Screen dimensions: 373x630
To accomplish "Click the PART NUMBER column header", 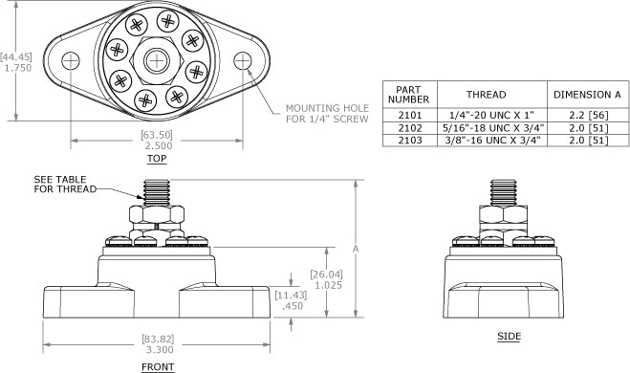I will (x=410, y=95).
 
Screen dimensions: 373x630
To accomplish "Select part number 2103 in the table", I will (x=410, y=140).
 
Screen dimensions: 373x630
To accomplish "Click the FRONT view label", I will (x=158, y=365).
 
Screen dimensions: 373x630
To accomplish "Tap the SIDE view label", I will (x=510, y=337).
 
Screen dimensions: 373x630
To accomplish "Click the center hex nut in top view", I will (x=156, y=60).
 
